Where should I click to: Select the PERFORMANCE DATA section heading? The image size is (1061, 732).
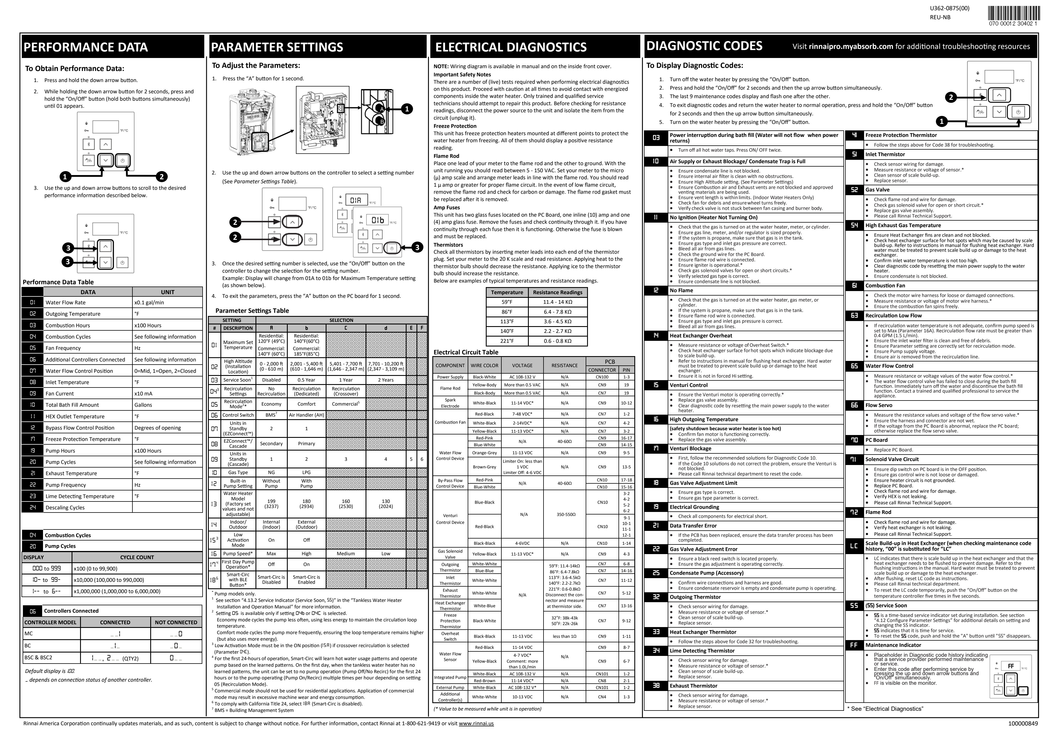pos(86,47)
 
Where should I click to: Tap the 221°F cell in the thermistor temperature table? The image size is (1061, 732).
pos(507,341)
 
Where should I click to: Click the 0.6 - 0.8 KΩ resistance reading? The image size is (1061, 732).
pos(557,341)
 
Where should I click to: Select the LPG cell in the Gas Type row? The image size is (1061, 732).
pos(306,472)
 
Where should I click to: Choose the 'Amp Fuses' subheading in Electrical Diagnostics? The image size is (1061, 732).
pos(446,207)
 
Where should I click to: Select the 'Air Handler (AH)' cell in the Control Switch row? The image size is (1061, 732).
pos(306,415)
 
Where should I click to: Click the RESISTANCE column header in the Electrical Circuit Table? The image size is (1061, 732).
pos(564,365)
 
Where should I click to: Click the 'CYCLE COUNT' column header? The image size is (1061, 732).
pos(137,557)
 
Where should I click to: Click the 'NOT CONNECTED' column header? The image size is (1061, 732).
pos(176,622)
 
